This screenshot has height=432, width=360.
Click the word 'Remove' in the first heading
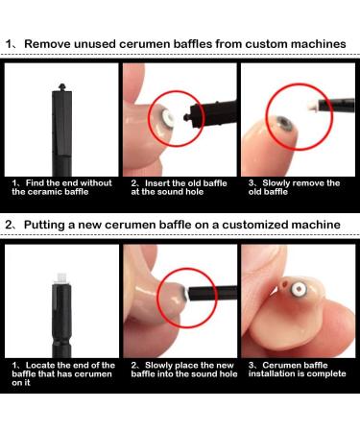tap(47, 44)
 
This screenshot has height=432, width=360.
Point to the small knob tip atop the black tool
tap(61, 87)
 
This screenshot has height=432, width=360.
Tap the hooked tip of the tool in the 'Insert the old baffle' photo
tap(186, 117)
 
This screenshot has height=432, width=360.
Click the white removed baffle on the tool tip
tap(312, 106)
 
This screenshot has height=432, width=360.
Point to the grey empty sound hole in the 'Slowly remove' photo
tap(283, 124)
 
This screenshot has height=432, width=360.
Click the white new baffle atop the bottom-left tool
tap(60, 277)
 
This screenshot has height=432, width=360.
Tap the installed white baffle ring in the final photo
tap(300, 289)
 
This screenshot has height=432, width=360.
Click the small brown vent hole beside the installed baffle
tap(284, 284)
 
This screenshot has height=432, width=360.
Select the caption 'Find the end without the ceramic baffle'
tap(61, 187)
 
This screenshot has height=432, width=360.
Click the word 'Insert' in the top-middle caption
tap(157, 183)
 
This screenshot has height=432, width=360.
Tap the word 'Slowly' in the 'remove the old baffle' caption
tap(276, 183)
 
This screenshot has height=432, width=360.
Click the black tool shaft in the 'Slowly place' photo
tap(212, 293)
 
